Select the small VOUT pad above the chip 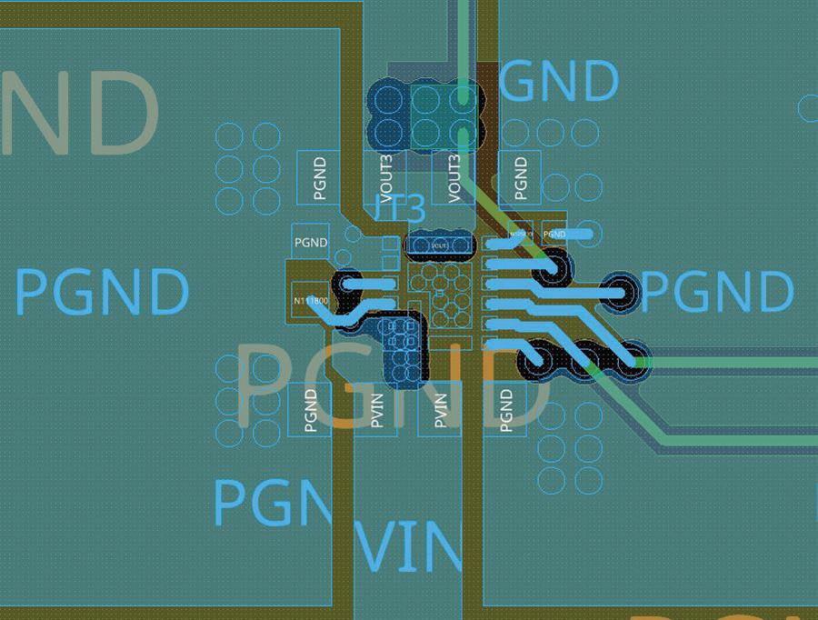(x=440, y=244)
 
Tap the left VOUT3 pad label (x=386, y=176)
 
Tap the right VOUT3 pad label (x=455, y=176)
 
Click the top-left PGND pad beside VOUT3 (x=319, y=177)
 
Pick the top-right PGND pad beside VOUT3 (x=521, y=177)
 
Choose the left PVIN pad (x=376, y=410)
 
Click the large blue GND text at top (x=558, y=82)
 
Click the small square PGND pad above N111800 (x=311, y=243)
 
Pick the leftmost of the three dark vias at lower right (x=535, y=361)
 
